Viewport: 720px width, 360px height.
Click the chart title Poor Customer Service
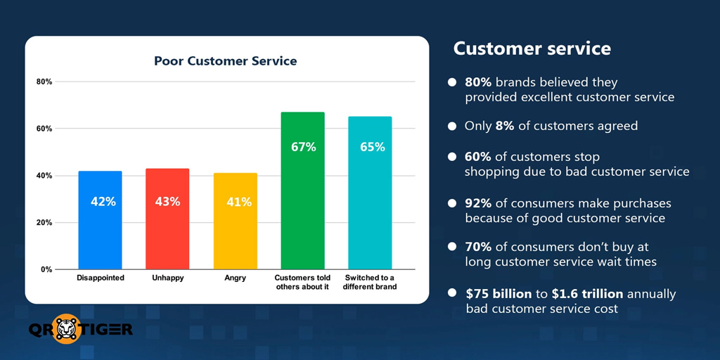point(225,61)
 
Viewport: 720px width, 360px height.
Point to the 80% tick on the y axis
point(44,82)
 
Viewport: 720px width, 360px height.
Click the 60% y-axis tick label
point(44,129)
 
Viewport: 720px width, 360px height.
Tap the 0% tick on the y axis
point(46,269)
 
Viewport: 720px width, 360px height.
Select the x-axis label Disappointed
point(100,278)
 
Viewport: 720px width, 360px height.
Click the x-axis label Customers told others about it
point(302,282)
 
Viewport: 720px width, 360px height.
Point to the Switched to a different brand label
point(370,282)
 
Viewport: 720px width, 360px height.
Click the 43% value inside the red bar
point(167,202)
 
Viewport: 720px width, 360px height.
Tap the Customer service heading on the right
point(532,49)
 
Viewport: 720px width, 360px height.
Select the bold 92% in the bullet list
point(478,204)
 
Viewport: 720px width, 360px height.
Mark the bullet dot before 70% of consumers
point(452,247)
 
